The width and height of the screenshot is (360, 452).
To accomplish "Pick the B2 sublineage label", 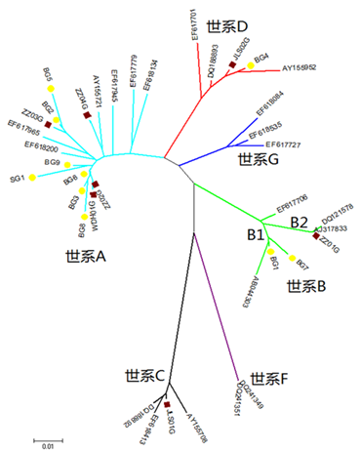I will [300, 224].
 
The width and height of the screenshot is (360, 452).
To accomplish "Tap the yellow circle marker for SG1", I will [31, 177].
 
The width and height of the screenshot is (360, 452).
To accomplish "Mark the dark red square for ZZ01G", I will [316, 237].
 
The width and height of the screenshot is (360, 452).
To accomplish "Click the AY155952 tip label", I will [304, 68].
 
